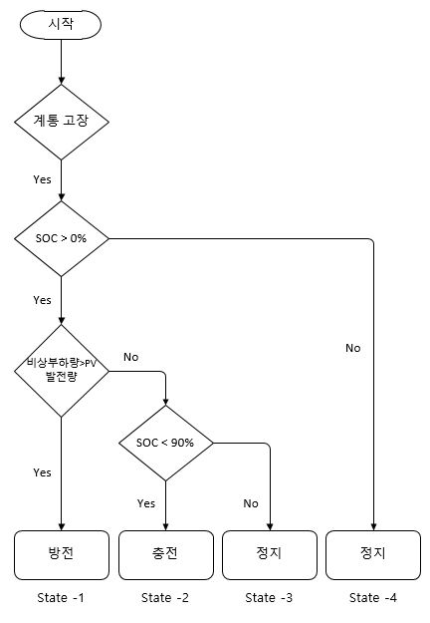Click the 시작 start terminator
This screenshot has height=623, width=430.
(x=61, y=25)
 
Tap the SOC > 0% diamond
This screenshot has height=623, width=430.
(x=62, y=238)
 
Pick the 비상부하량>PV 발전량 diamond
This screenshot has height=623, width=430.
(x=62, y=371)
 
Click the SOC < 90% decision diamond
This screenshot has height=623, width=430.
(x=166, y=443)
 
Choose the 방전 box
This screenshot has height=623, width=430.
(x=62, y=555)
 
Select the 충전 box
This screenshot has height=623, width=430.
(x=166, y=555)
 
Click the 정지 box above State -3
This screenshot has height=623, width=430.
(x=270, y=555)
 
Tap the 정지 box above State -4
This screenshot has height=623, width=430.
(x=373, y=555)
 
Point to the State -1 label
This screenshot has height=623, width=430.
(x=61, y=598)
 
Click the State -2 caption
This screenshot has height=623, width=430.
(x=165, y=598)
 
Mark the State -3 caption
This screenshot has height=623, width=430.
(x=269, y=598)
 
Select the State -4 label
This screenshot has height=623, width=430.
(x=373, y=598)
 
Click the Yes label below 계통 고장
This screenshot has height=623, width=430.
(x=42, y=179)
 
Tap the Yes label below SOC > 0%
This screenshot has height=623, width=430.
(x=42, y=300)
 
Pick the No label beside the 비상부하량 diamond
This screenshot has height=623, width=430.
(x=131, y=357)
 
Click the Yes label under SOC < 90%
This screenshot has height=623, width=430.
(x=146, y=503)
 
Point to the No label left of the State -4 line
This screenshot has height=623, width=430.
(x=352, y=348)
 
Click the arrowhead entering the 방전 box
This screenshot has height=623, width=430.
(x=62, y=527)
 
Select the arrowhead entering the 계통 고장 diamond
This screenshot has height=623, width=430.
(x=62, y=81)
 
